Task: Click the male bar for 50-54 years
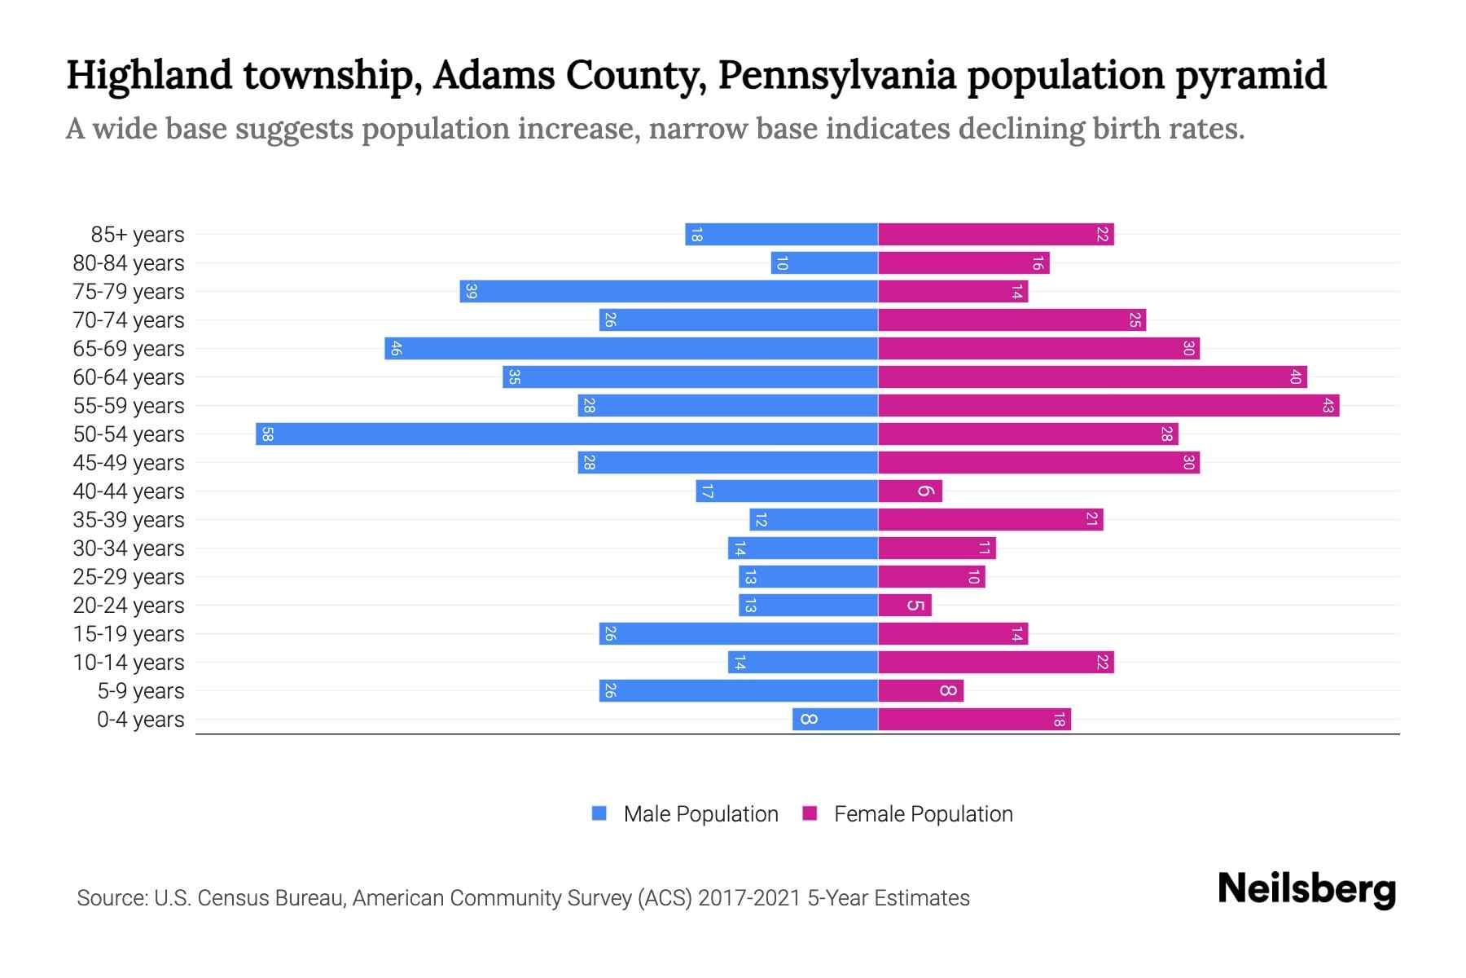coord(566,434)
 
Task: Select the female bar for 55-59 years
coord(1108,405)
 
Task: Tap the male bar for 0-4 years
coord(835,719)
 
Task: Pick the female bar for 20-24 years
coord(904,605)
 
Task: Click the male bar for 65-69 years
coord(631,348)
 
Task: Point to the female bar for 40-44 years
coord(910,491)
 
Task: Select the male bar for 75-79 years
coord(668,291)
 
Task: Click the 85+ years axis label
coord(138,235)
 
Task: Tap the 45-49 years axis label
coord(129,463)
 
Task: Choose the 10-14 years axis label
coord(129,663)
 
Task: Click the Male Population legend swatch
coord(599,813)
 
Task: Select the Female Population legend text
coord(923,814)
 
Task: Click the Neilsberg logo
coord(1306,889)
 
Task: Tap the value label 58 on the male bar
coord(267,434)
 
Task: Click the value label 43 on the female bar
coord(1328,405)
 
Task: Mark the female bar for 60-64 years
coord(1092,377)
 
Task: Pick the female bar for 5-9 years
coord(920,690)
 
